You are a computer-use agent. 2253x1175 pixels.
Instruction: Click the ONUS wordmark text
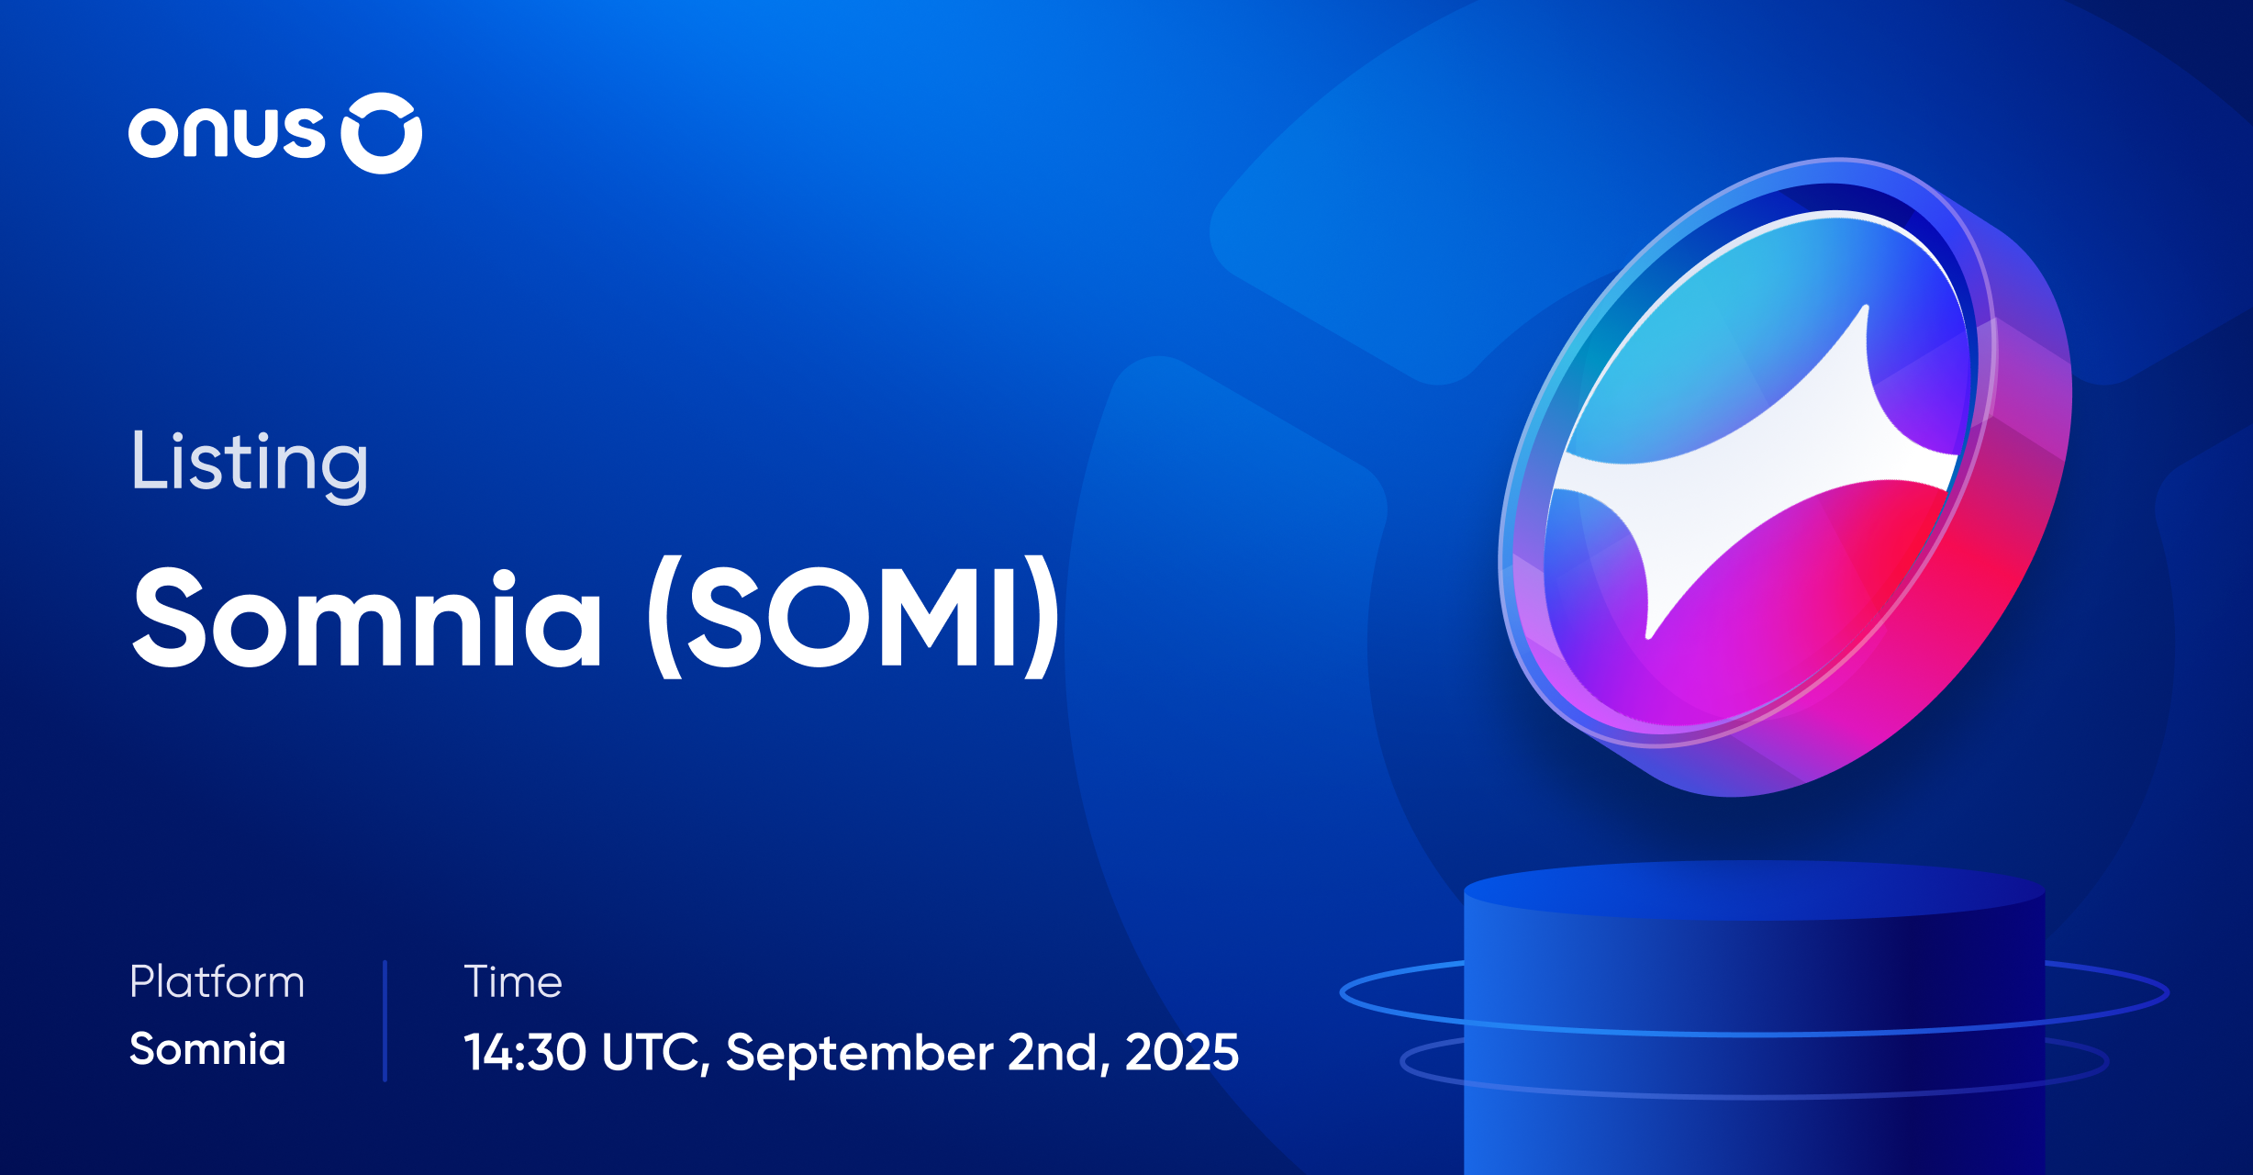227,134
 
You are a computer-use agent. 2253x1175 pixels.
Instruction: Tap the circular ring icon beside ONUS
382,133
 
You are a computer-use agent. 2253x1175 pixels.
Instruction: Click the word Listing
250,463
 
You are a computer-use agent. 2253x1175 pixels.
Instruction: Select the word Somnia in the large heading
367,618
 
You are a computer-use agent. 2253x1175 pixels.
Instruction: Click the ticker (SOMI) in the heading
853,618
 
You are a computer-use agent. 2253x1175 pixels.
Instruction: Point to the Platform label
217,981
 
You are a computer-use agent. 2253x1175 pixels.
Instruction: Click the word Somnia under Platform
207,1049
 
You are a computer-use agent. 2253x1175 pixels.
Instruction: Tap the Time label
512,981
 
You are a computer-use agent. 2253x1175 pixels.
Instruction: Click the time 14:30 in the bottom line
525,1052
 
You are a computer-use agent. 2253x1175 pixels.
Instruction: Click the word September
859,1052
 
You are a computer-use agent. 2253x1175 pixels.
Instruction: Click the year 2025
1182,1052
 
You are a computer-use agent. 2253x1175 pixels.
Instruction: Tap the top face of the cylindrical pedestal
1753,889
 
